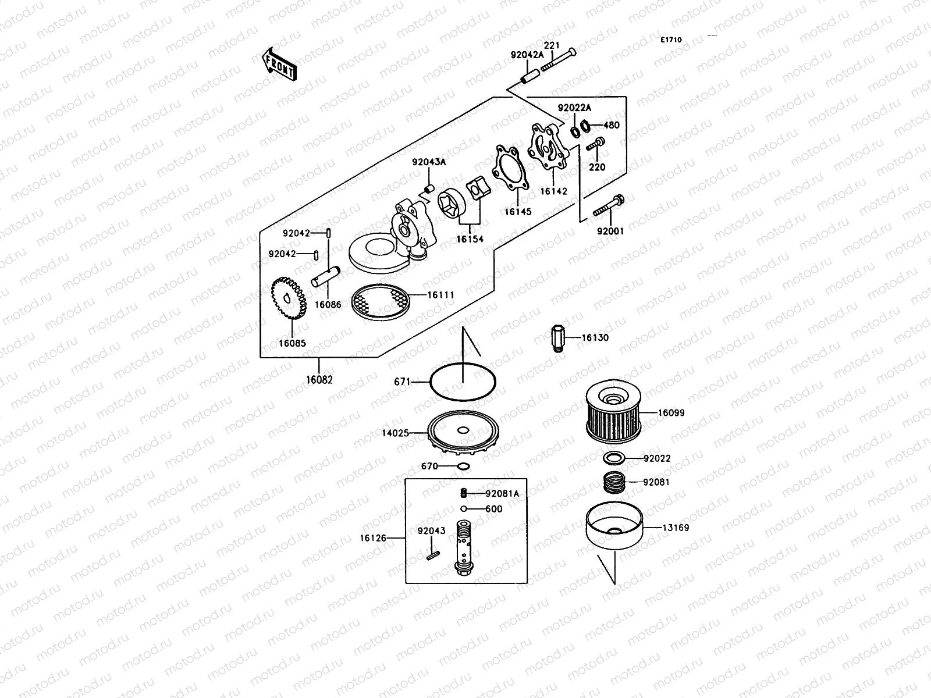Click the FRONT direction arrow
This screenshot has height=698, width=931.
tap(279, 63)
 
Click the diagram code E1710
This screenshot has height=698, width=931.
tap(671, 40)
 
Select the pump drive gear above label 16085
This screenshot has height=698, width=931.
tap(289, 300)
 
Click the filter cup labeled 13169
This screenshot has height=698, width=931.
tap(614, 527)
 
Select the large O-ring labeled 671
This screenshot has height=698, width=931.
tap(463, 382)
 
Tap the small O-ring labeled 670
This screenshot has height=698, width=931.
tap(464, 466)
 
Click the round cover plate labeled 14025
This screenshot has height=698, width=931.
tap(463, 434)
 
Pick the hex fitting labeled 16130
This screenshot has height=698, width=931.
tap(557, 339)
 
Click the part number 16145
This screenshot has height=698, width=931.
tap(517, 212)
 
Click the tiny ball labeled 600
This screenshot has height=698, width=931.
tap(464, 509)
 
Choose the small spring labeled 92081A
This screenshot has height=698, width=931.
tap(464, 494)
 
